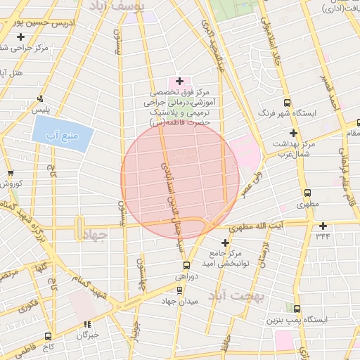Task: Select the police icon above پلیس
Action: click(x=41, y=99)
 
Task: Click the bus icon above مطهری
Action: click(x=307, y=193)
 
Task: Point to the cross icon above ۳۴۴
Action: click(x=323, y=226)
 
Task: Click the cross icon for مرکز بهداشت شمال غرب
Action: click(x=293, y=133)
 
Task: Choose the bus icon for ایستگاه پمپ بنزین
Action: click(x=297, y=309)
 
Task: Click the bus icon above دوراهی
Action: click(x=186, y=266)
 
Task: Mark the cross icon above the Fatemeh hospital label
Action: click(x=179, y=82)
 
